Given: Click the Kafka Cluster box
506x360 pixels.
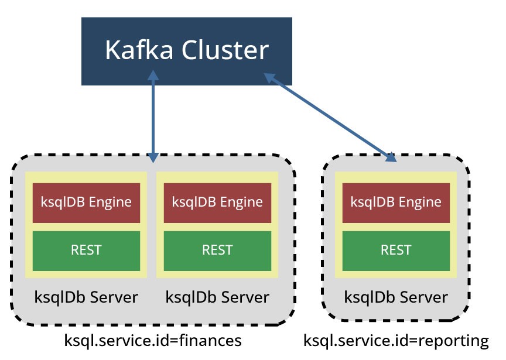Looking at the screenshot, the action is (x=186, y=52).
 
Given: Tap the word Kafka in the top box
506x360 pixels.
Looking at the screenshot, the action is (x=139, y=50).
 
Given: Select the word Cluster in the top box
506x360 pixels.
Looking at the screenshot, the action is (x=225, y=50).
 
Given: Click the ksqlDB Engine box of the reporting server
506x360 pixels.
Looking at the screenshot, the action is (x=396, y=203).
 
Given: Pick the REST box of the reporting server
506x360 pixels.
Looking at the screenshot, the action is (x=396, y=251).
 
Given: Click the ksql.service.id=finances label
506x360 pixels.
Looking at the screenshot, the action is (x=153, y=341).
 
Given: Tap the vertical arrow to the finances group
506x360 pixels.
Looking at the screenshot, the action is (x=153, y=116).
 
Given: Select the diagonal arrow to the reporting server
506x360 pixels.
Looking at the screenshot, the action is (x=330, y=118).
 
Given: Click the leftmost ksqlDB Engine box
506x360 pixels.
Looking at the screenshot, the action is (x=86, y=203).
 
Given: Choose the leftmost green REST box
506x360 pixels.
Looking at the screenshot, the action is (x=86, y=251).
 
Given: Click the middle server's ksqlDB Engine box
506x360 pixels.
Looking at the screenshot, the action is (x=217, y=203).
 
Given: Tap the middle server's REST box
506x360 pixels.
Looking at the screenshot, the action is (x=217, y=251).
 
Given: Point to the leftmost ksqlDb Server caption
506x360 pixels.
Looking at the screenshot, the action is (x=86, y=297).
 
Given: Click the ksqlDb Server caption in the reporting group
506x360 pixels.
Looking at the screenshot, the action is (x=396, y=297).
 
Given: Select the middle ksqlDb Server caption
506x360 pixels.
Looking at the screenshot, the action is (x=217, y=297).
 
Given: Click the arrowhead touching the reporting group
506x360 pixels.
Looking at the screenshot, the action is (x=391, y=157).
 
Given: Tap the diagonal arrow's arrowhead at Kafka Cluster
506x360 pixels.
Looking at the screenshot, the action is (x=270, y=78).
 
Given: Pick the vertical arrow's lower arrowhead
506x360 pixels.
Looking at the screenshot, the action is (x=153, y=157).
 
